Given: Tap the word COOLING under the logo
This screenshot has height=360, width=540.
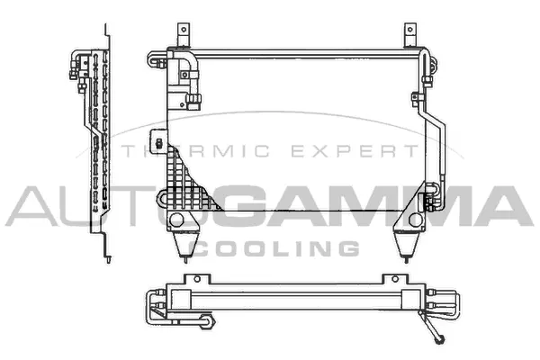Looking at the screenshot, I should click(278, 247).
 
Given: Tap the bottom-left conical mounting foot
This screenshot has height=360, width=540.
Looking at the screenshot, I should click(184, 241).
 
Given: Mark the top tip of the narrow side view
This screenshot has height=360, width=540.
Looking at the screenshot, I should click(110, 31).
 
